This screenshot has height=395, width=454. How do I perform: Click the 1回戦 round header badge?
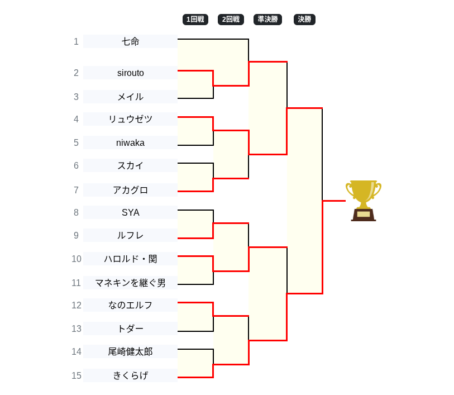195,20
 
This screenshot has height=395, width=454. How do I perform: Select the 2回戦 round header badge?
231,20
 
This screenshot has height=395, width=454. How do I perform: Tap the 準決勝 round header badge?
267,20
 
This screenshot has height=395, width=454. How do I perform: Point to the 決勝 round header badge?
304,20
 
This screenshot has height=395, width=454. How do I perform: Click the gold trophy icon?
364,201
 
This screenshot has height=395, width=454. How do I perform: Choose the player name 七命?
130,41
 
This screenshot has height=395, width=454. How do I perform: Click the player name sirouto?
130,73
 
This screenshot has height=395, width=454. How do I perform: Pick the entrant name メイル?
130,97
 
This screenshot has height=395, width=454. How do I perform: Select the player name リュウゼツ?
130,119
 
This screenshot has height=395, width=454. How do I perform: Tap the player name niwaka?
130,142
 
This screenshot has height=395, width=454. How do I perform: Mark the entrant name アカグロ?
130,190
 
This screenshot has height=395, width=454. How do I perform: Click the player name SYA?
130,212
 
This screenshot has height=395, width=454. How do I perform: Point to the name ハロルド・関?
130,259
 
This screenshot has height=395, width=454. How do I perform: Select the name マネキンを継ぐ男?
130,283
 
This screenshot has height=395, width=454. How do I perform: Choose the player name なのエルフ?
130,305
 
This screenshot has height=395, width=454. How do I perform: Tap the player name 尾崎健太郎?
130,351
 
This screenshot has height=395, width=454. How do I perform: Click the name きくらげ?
130,375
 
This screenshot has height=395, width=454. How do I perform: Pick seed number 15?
77,375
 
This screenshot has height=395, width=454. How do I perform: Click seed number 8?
77,212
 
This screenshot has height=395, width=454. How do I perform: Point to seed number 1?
77,41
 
